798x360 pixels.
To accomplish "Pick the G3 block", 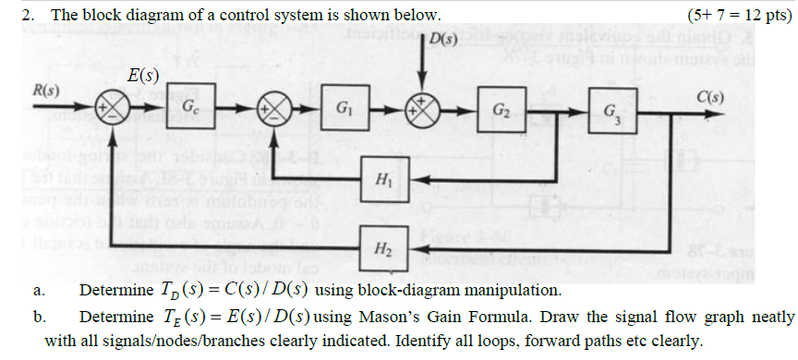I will [x=611, y=112].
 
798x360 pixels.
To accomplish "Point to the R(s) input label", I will [x=45, y=92].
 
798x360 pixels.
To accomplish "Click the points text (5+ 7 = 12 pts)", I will [x=740, y=14].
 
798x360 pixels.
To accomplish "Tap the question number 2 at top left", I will [x=30, y=14].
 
